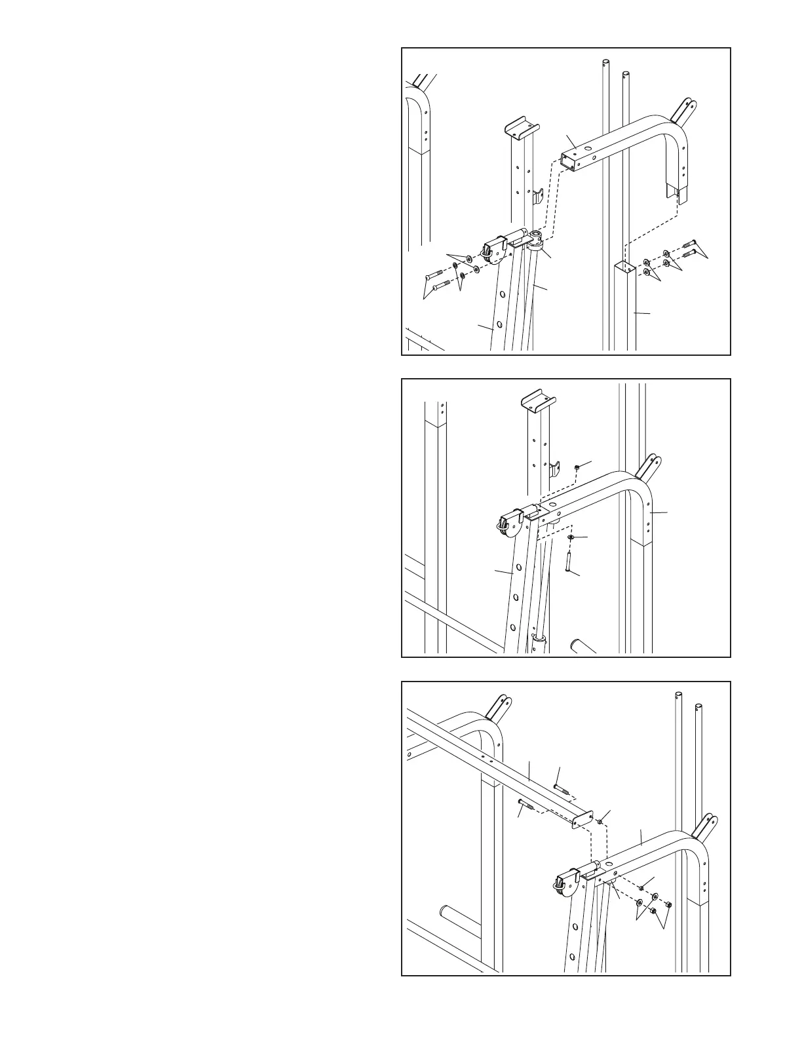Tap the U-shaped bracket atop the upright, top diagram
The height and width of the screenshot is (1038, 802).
tap(520, 126)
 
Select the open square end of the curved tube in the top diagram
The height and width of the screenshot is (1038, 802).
tap(569, 161)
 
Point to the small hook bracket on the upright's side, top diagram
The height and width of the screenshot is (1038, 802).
tap(537, 197)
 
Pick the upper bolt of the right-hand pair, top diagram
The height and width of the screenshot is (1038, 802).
tap(692, 244)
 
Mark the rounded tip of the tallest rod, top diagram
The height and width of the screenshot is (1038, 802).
tap(605, 63)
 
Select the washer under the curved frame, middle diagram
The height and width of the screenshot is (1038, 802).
tap(571, 537)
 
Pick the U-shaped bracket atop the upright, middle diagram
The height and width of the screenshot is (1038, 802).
tap(537, 401)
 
